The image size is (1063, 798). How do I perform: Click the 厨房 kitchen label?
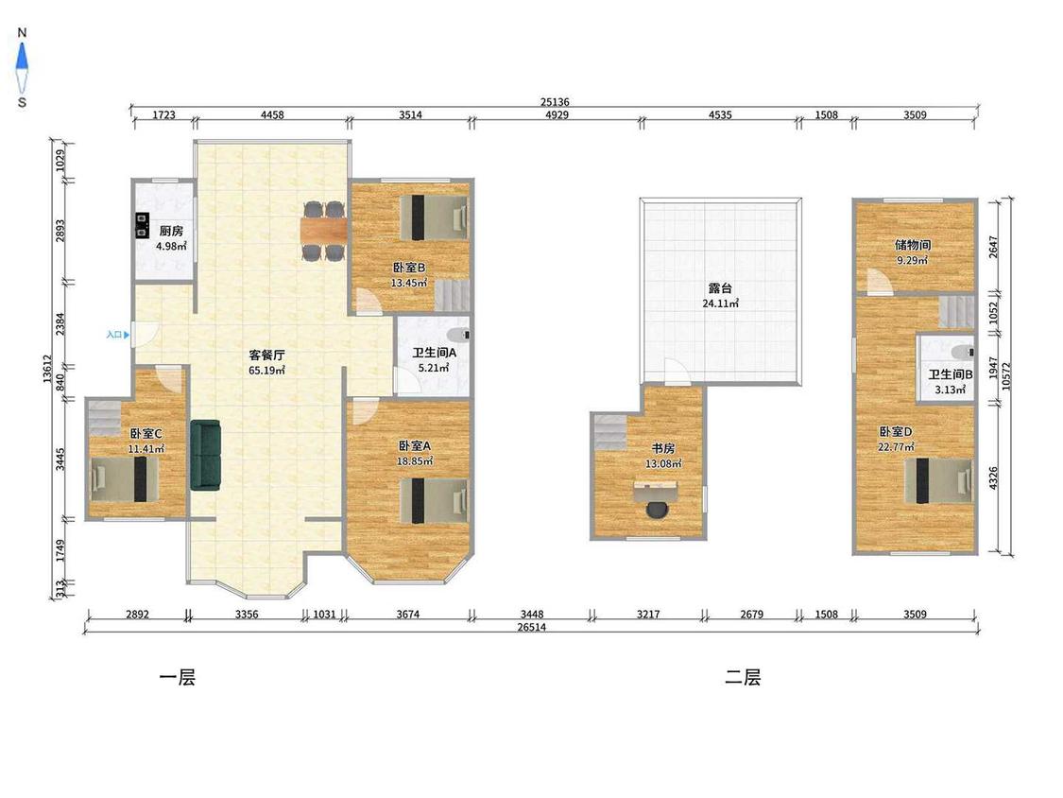tap(171, 231)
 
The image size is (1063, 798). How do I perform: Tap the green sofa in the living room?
tap(205, 455)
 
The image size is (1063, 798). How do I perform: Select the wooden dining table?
tap(324, 231)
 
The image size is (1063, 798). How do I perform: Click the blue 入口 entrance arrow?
tap(126, 335)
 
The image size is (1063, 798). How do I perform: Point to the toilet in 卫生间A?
tap(459, 335)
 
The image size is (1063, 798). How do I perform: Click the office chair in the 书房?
tap(657, 510)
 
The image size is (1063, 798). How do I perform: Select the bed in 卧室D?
tap(939, 480)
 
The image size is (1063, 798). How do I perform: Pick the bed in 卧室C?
tap(124, 479)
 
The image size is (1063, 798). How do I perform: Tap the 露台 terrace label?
tap(720, 287)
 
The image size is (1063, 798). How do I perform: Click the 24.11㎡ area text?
tap(720, 304)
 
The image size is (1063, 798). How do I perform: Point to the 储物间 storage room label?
tap(913, 245)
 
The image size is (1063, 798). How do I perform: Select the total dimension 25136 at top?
tap(555, 102)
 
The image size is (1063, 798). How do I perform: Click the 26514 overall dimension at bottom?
tap(531, 627)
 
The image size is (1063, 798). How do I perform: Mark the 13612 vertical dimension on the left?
tap(47, 370)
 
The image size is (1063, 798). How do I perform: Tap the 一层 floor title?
tap(177, 677)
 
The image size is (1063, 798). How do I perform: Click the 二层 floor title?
tap(743, 677)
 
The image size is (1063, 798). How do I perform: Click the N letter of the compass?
tap(22, 32)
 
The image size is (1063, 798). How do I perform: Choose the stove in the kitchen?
tap(143, 225)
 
